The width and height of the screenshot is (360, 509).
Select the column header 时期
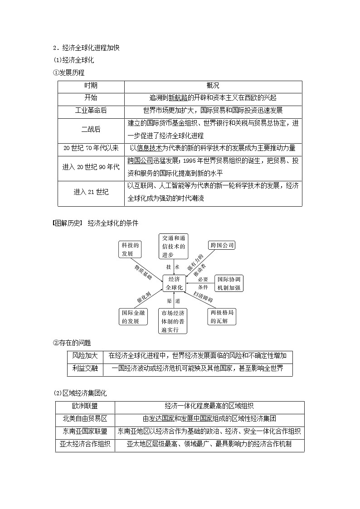click(91, 86)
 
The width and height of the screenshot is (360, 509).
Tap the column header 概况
click(213, 86)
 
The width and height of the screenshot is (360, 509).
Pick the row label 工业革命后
click(91, 110)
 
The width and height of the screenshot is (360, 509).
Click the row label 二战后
click(91, 129)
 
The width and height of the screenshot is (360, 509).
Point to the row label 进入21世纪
click(91, 192)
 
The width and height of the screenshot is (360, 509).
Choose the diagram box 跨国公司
click(222, 245)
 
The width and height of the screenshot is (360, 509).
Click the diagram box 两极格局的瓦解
click(222, 316)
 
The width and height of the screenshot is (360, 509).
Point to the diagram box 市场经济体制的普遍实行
click(173, 321)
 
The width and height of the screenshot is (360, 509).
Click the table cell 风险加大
click(85, 356)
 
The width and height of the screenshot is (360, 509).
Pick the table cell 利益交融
click(85, 369)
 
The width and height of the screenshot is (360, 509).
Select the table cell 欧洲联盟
click(85, 407)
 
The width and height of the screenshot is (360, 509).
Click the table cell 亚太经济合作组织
click(85, 445)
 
